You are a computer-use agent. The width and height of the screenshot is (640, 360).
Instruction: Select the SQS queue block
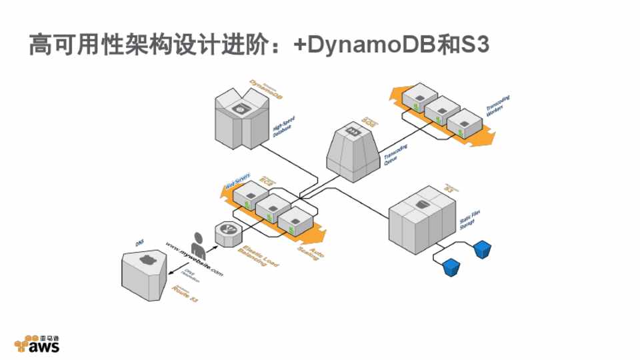(x=353, y=150)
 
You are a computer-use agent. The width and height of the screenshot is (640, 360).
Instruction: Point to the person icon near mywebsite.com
(x=198, y=246)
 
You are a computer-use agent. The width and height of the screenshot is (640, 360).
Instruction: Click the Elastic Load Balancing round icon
(x=227, y=233)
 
